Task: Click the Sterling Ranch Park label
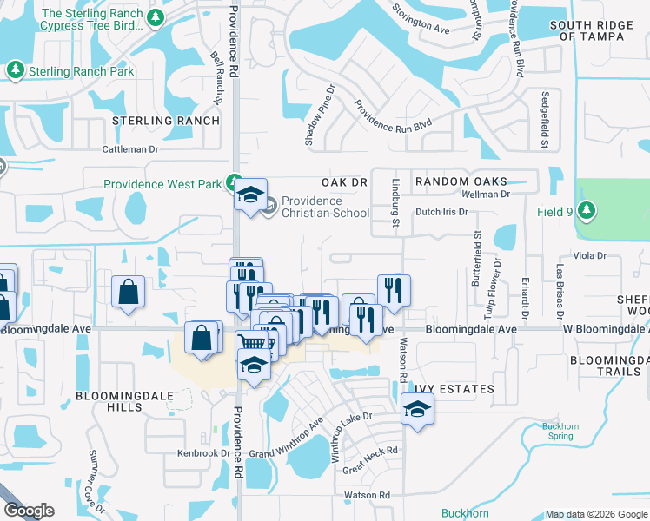pyautogui.click(x=82, y=70)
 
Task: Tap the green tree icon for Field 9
pyautogui.click(x=587, y=210)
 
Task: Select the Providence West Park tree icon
pyautogui.click(x=233, y=183)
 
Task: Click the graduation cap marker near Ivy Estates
pyautogui.click(x=417, y=409)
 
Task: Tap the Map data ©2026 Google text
pyautogui.click(x=595, y=514)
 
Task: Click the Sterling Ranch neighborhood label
pyautogui.click(x=165, y=121)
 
